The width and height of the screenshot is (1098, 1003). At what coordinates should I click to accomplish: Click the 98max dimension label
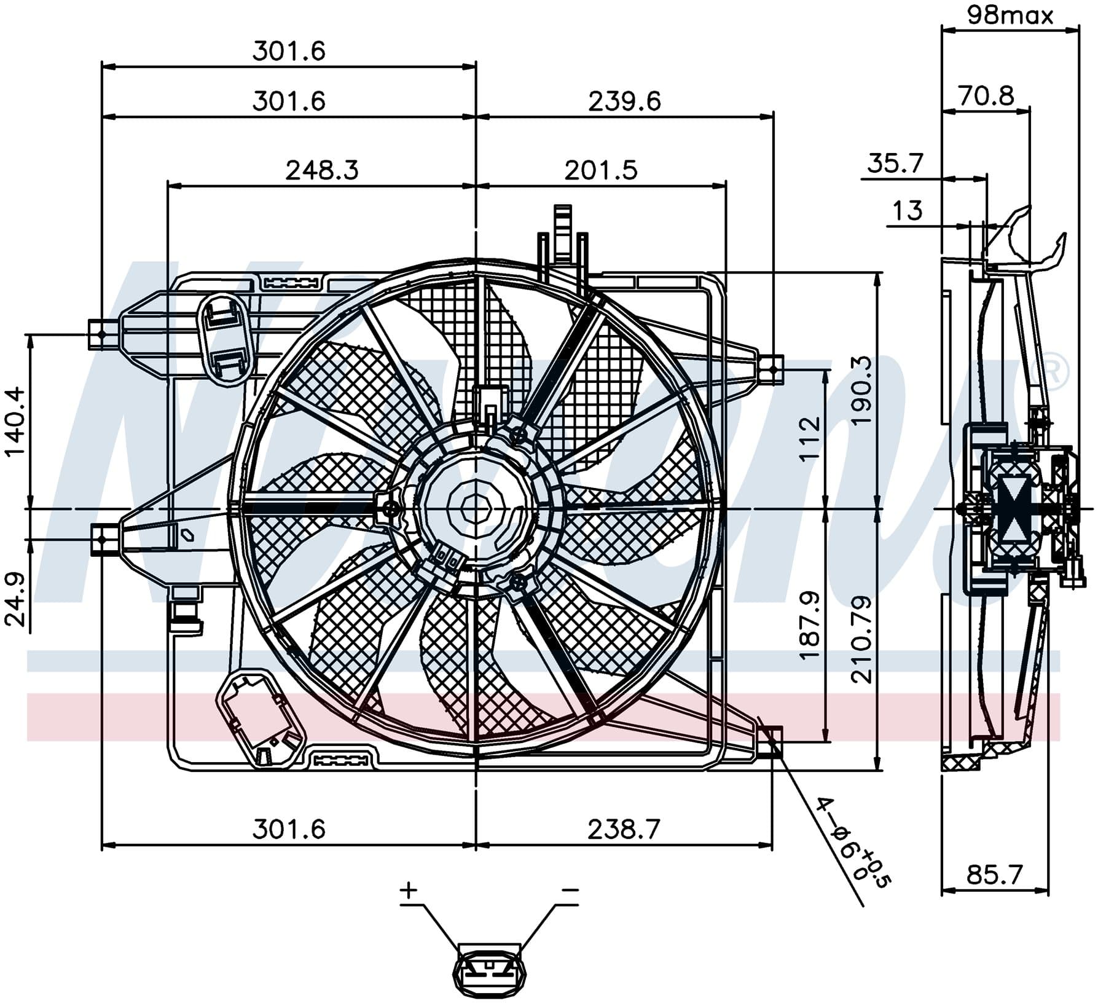[1010, 15]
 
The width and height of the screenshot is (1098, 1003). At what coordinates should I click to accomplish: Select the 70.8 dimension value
[986, 96]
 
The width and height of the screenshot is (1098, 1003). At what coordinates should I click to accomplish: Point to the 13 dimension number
[908, 211]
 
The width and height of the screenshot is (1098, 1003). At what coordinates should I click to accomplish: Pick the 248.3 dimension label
[322, 170]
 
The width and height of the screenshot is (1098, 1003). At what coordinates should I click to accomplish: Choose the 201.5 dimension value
[601, 170]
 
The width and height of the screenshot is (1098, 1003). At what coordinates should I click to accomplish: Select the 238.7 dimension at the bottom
[624, 830]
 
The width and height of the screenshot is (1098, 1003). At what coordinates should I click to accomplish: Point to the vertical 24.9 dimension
[15, 599]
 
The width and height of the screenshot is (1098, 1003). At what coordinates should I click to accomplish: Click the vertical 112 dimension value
[810, 438]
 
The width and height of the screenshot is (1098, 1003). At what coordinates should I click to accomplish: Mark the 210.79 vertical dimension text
[862, 639]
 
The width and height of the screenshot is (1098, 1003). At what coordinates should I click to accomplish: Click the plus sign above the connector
[409, 889]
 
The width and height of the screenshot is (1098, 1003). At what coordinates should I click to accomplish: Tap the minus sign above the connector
[570, 889]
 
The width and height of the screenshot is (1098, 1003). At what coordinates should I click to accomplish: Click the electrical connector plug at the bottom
[490, 972]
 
